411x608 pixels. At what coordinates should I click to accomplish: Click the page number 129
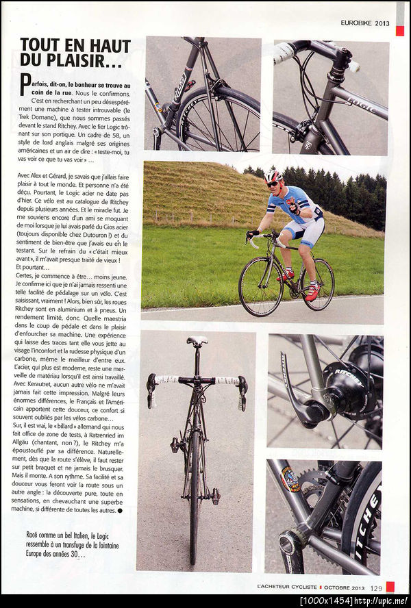click(377, 587)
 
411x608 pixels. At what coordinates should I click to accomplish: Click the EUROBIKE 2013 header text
click(365, 23)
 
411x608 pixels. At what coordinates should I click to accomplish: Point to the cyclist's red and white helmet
click(273, 176)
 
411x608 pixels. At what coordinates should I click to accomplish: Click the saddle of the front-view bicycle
click(197, 340)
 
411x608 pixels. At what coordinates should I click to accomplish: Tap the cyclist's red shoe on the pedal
click(312, 292)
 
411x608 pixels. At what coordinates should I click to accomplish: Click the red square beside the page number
click(390, 587)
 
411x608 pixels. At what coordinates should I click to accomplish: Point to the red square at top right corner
click(399, 31)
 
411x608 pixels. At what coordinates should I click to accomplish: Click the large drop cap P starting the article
click(25, 86)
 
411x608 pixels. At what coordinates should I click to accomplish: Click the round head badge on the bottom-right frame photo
click(290, 479)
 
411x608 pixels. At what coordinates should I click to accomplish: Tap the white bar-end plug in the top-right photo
click(354, 66)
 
